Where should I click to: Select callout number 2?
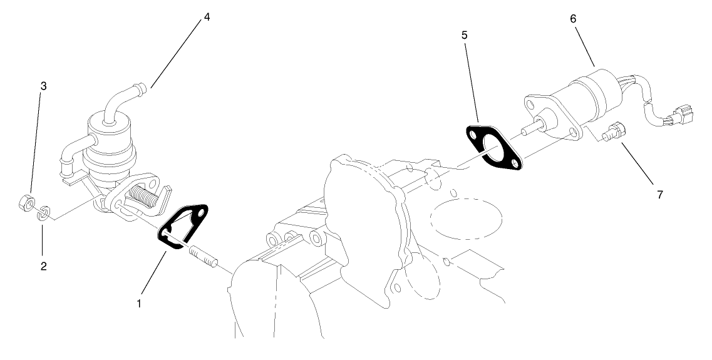43,266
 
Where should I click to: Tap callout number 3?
43,86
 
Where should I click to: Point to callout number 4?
206,17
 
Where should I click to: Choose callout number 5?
464,36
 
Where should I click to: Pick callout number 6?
573,19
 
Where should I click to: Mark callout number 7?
659,195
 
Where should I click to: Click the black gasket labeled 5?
495,148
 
